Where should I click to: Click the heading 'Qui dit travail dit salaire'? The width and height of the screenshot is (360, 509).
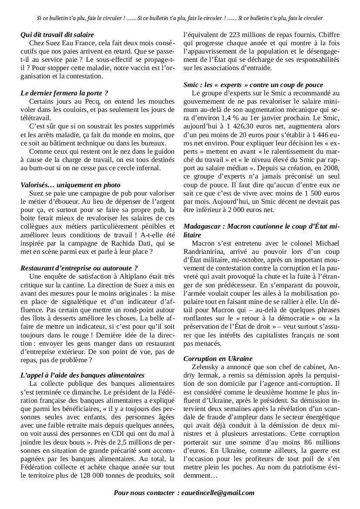tap(57, 34)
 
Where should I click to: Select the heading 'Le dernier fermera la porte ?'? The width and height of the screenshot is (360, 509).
tap(64, 93)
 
